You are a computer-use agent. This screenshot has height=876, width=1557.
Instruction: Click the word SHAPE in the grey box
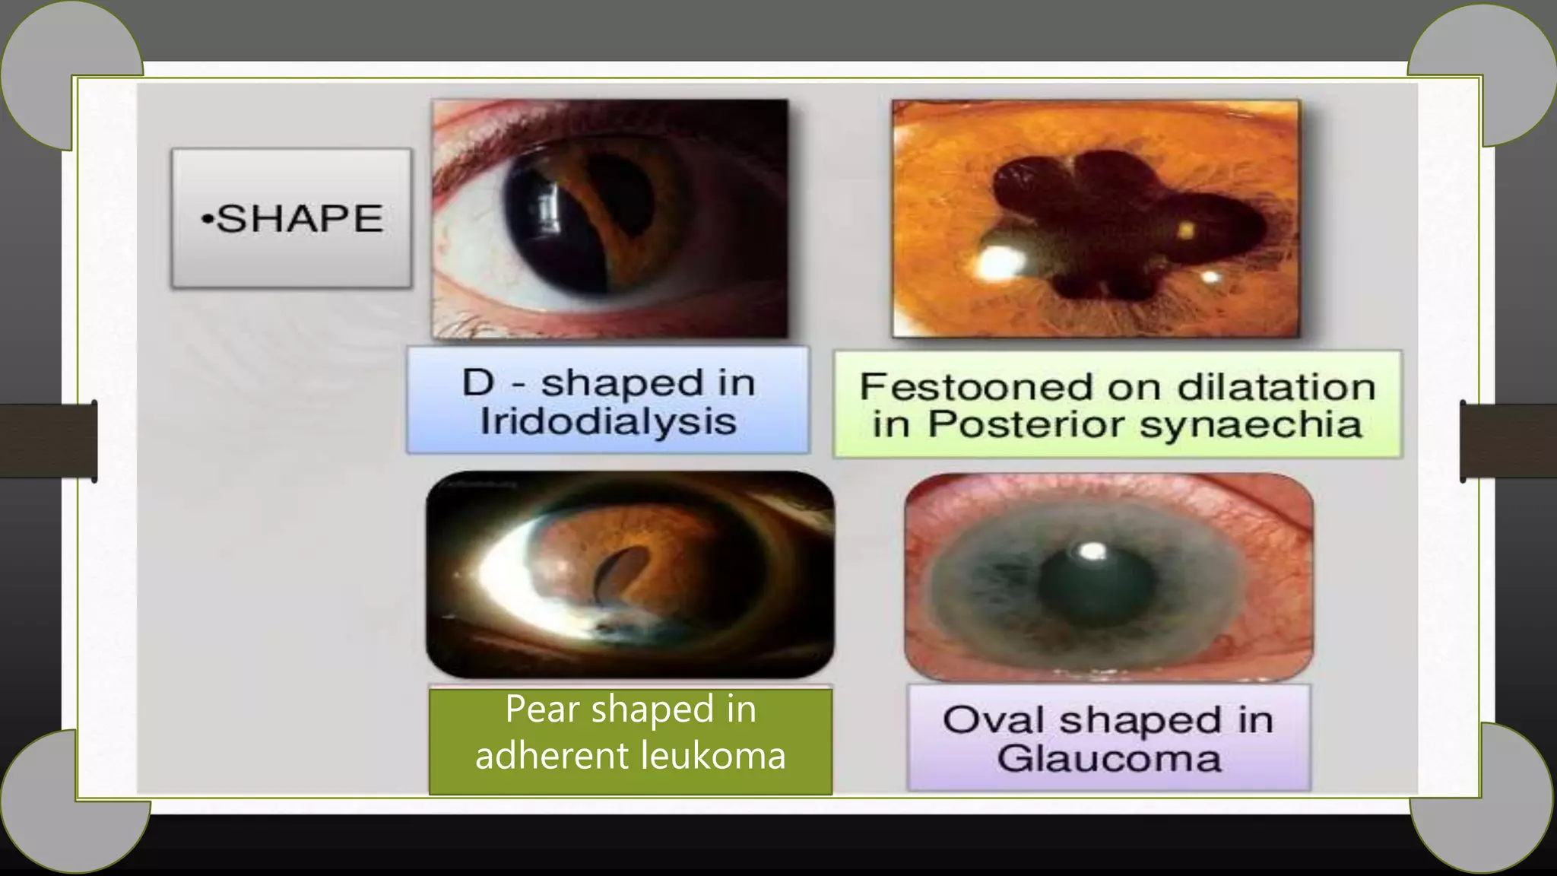click(x=300, y=219)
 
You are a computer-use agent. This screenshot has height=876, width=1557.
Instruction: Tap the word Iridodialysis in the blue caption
click(x=608, y=422)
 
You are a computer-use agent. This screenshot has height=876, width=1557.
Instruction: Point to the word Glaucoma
click(x=1108, y=758)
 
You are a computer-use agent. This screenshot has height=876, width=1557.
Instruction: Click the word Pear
click(x=542, y=709)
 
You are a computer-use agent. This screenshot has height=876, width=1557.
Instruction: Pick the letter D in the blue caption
click(x=478, y=382)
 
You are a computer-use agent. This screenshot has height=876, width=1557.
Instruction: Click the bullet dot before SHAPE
click(x=207, y=221)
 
